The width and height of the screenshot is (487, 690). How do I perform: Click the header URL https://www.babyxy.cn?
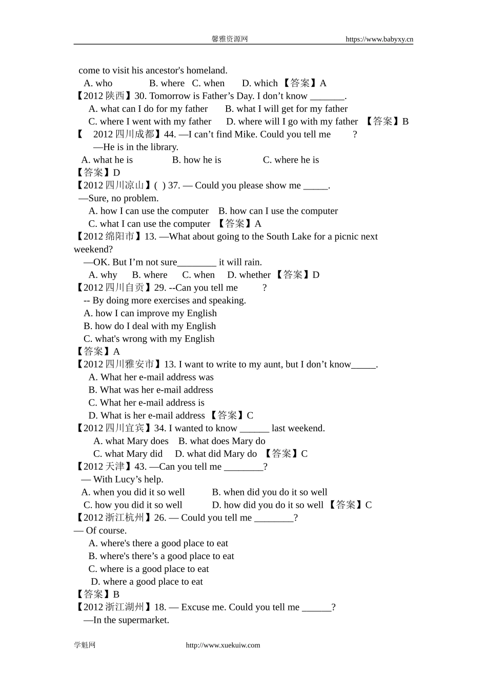379,39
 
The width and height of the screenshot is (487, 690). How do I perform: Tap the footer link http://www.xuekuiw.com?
222,645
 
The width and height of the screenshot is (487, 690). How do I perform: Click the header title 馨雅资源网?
230,39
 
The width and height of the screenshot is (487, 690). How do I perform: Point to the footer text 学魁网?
85,645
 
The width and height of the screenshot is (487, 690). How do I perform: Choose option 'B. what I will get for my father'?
286,109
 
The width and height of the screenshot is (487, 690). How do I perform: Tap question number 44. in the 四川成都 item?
170,135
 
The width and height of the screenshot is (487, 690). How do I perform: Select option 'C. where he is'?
291,160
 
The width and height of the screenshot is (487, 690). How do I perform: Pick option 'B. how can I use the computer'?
278,211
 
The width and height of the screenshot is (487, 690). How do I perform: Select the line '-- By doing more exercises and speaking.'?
165,300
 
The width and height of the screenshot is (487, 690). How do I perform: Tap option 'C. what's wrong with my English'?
149,339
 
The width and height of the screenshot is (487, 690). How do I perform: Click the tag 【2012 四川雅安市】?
118,365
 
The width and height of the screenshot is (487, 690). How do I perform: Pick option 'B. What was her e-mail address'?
151,390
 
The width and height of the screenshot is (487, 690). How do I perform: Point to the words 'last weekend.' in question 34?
298,428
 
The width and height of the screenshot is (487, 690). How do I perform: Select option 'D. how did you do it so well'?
268,505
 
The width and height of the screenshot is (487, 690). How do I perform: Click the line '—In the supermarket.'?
127,620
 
